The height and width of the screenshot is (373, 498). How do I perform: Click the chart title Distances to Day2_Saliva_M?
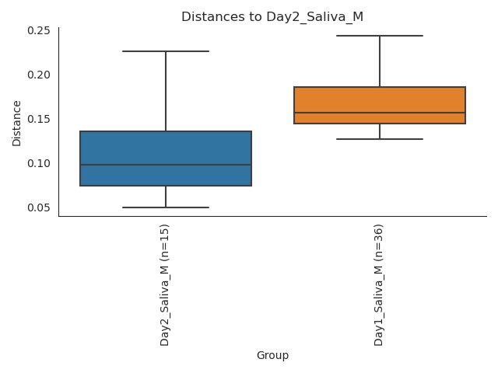click(x=272, y=17)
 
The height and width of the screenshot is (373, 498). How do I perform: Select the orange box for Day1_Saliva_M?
click(x=380, y=100)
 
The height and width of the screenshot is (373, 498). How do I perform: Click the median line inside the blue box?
click(x=166, y=165)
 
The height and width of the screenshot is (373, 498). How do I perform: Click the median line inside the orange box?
click(x=380, y=113)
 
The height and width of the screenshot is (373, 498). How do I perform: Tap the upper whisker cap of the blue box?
click(x=166, y=51)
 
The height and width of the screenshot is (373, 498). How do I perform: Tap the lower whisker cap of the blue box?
click(x=166, y=207)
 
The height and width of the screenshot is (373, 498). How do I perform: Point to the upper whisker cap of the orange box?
click(x=380, y=36)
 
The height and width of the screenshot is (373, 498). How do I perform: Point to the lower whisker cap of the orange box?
click(x=380, y=139)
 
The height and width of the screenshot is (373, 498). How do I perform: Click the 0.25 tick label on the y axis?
click(x=39, y=30)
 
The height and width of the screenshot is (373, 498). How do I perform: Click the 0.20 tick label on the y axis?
click(x=39, y=75)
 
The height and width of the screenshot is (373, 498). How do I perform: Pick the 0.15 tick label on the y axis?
click(x=39, y=119)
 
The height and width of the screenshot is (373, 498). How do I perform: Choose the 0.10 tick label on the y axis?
click(x=39, y=163)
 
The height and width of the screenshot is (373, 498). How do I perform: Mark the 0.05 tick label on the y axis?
click(x=39, y=207)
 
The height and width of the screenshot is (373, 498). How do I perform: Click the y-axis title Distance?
click(x=17, y=123)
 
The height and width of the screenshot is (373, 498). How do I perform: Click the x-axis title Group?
click(x=272, y=356)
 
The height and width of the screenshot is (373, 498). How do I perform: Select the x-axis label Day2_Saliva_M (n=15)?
click(x=165, y=284)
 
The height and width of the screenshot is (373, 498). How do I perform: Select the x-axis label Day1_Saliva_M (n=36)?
click(x=379, y=284)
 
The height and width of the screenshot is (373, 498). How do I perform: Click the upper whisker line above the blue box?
click(x=166, y=91)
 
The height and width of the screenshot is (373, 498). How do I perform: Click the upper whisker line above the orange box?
click(x=380, y=61)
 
